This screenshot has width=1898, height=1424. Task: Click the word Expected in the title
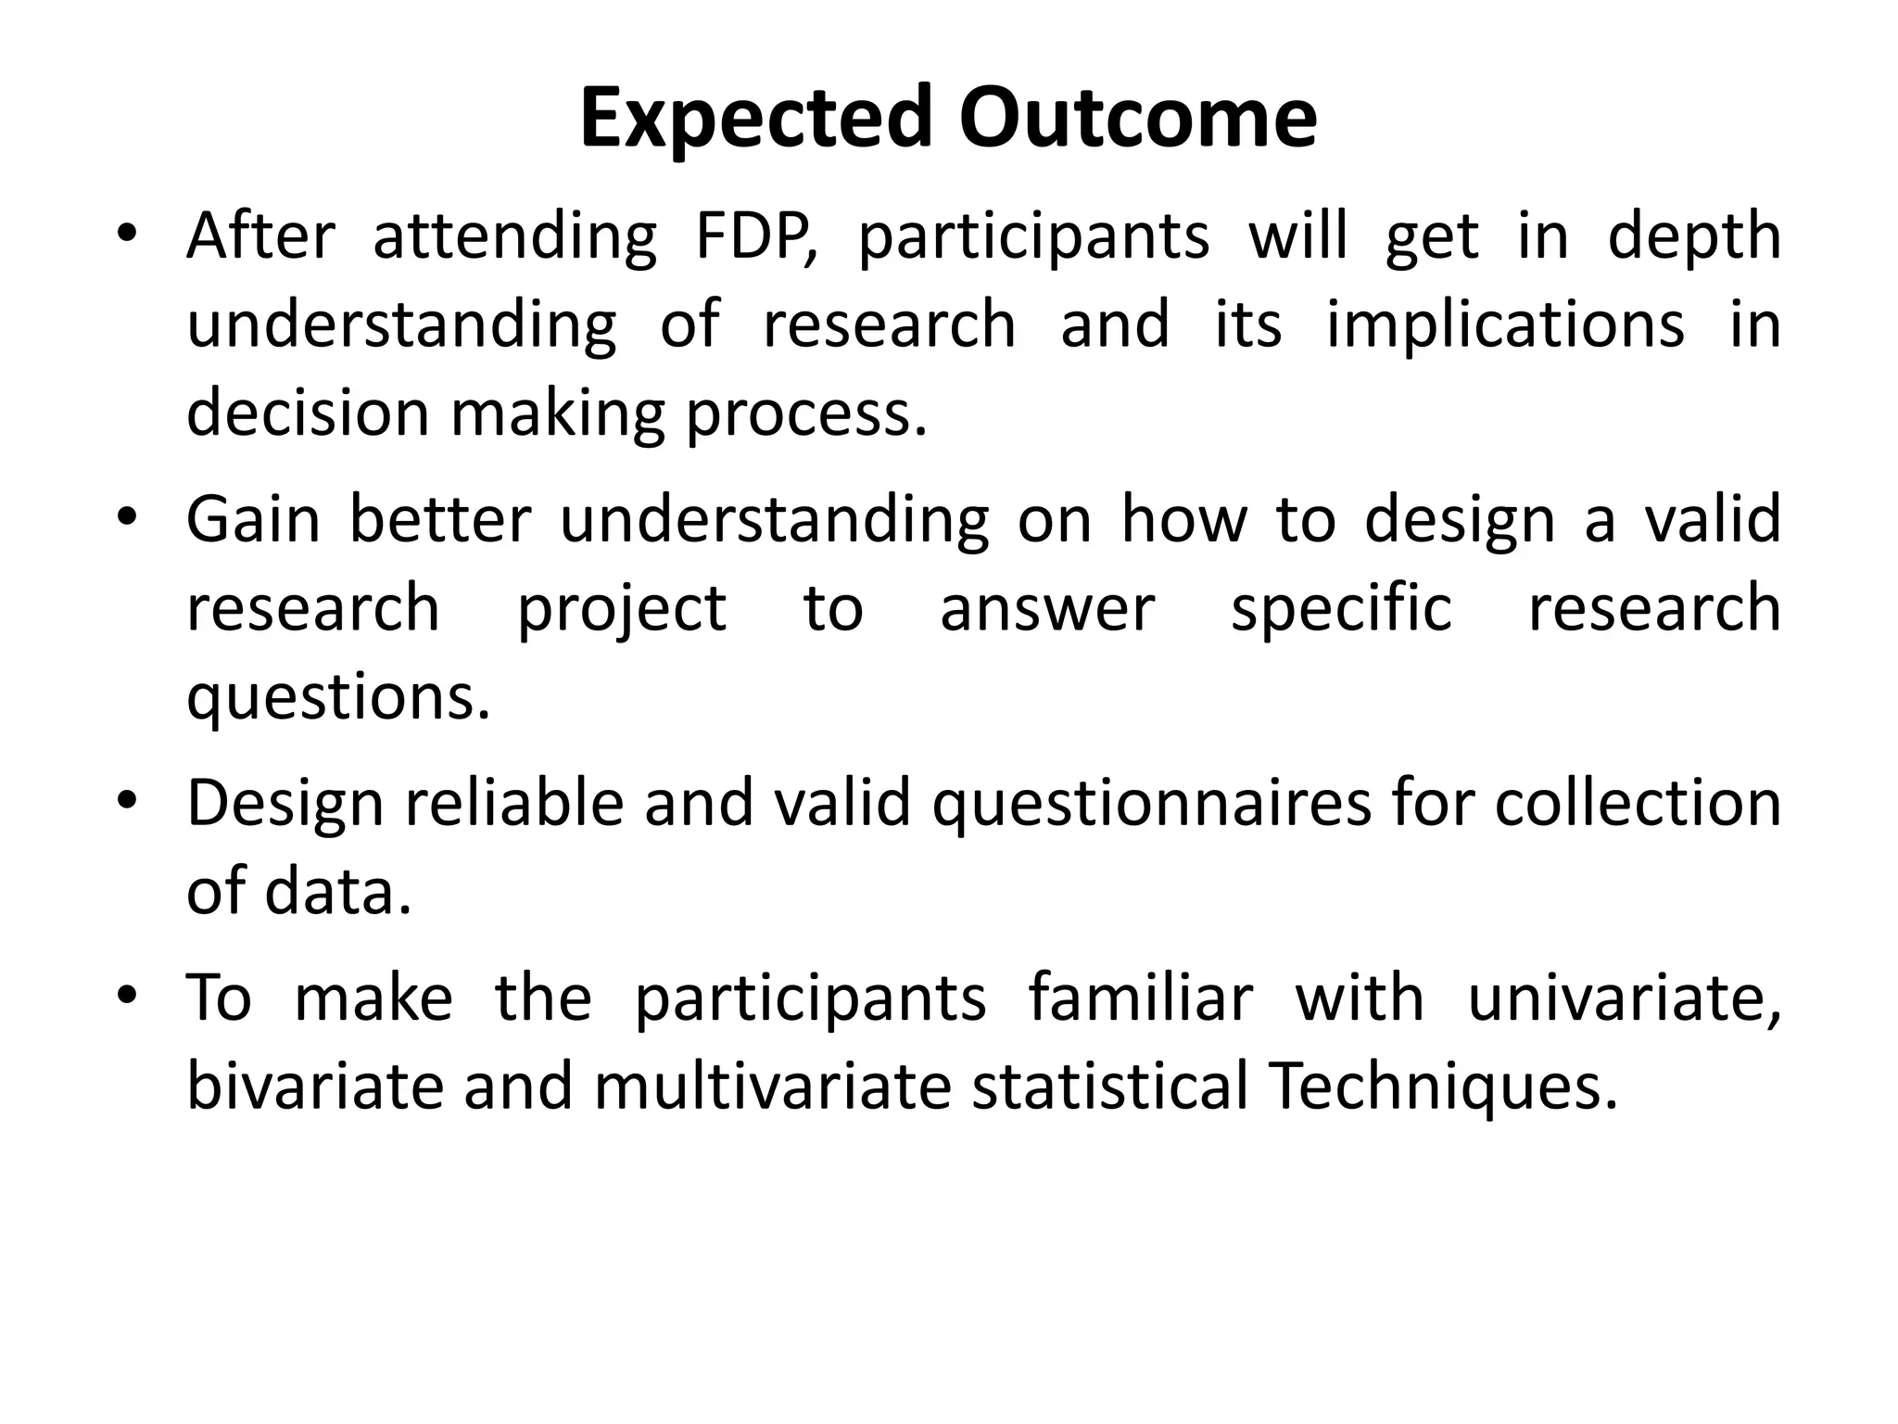click(x=755, y=118)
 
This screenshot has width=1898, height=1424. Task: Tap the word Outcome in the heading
click(x=1137, y=118)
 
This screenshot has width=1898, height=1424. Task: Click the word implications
click(x=1505, y=327)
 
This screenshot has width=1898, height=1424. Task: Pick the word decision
click(x=308, y=413)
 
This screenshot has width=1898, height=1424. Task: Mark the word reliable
click(x=514, y=803)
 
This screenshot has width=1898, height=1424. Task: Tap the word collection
click(x=1638, y=803)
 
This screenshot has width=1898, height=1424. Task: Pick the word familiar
click(x=1140, y=998)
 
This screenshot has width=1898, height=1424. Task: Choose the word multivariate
click(x=773, y=1087)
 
